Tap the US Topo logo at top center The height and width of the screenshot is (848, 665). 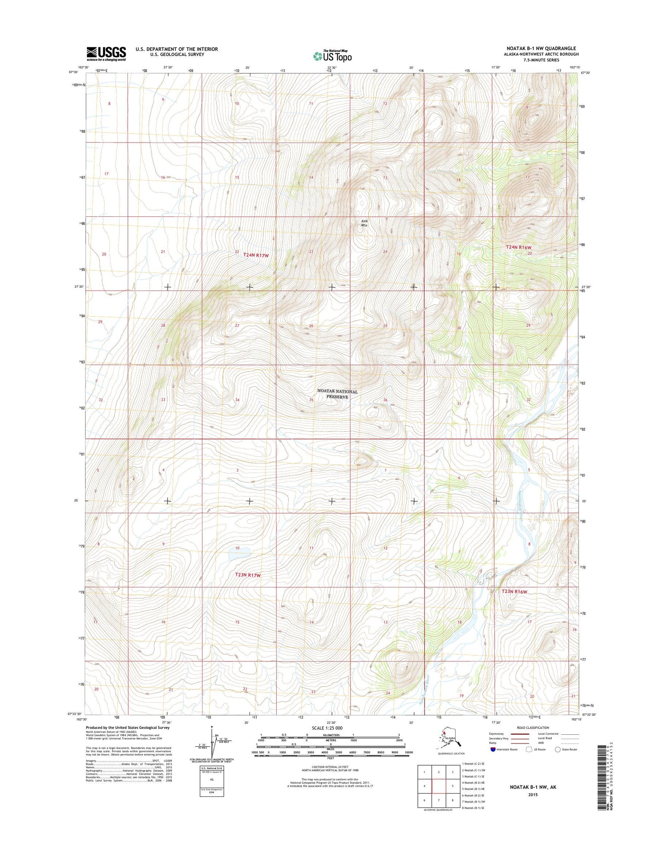point(332,56)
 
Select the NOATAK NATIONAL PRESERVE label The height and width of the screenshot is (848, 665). point(337,394)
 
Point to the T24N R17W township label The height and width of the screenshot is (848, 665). point(255,254)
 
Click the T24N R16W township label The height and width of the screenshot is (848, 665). point(519,247)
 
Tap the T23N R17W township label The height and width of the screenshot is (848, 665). point(248,575)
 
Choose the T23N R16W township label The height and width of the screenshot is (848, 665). point(514,591)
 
